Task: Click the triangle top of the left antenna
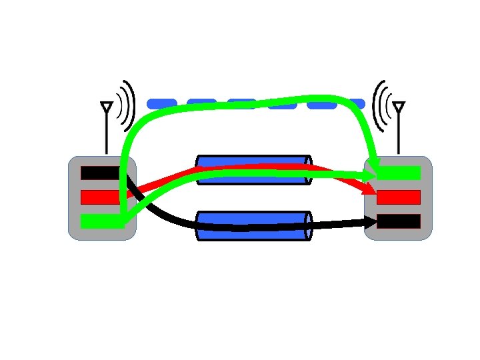click(106, 107)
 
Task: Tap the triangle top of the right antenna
click(399, 107)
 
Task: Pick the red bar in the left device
click(100, 197)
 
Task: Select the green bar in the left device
click(100, 221)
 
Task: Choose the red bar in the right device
click(399, 197)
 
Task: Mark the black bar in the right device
click(399, 221)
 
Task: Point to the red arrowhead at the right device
click(370, 191)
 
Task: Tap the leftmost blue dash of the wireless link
click(161, 103)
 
